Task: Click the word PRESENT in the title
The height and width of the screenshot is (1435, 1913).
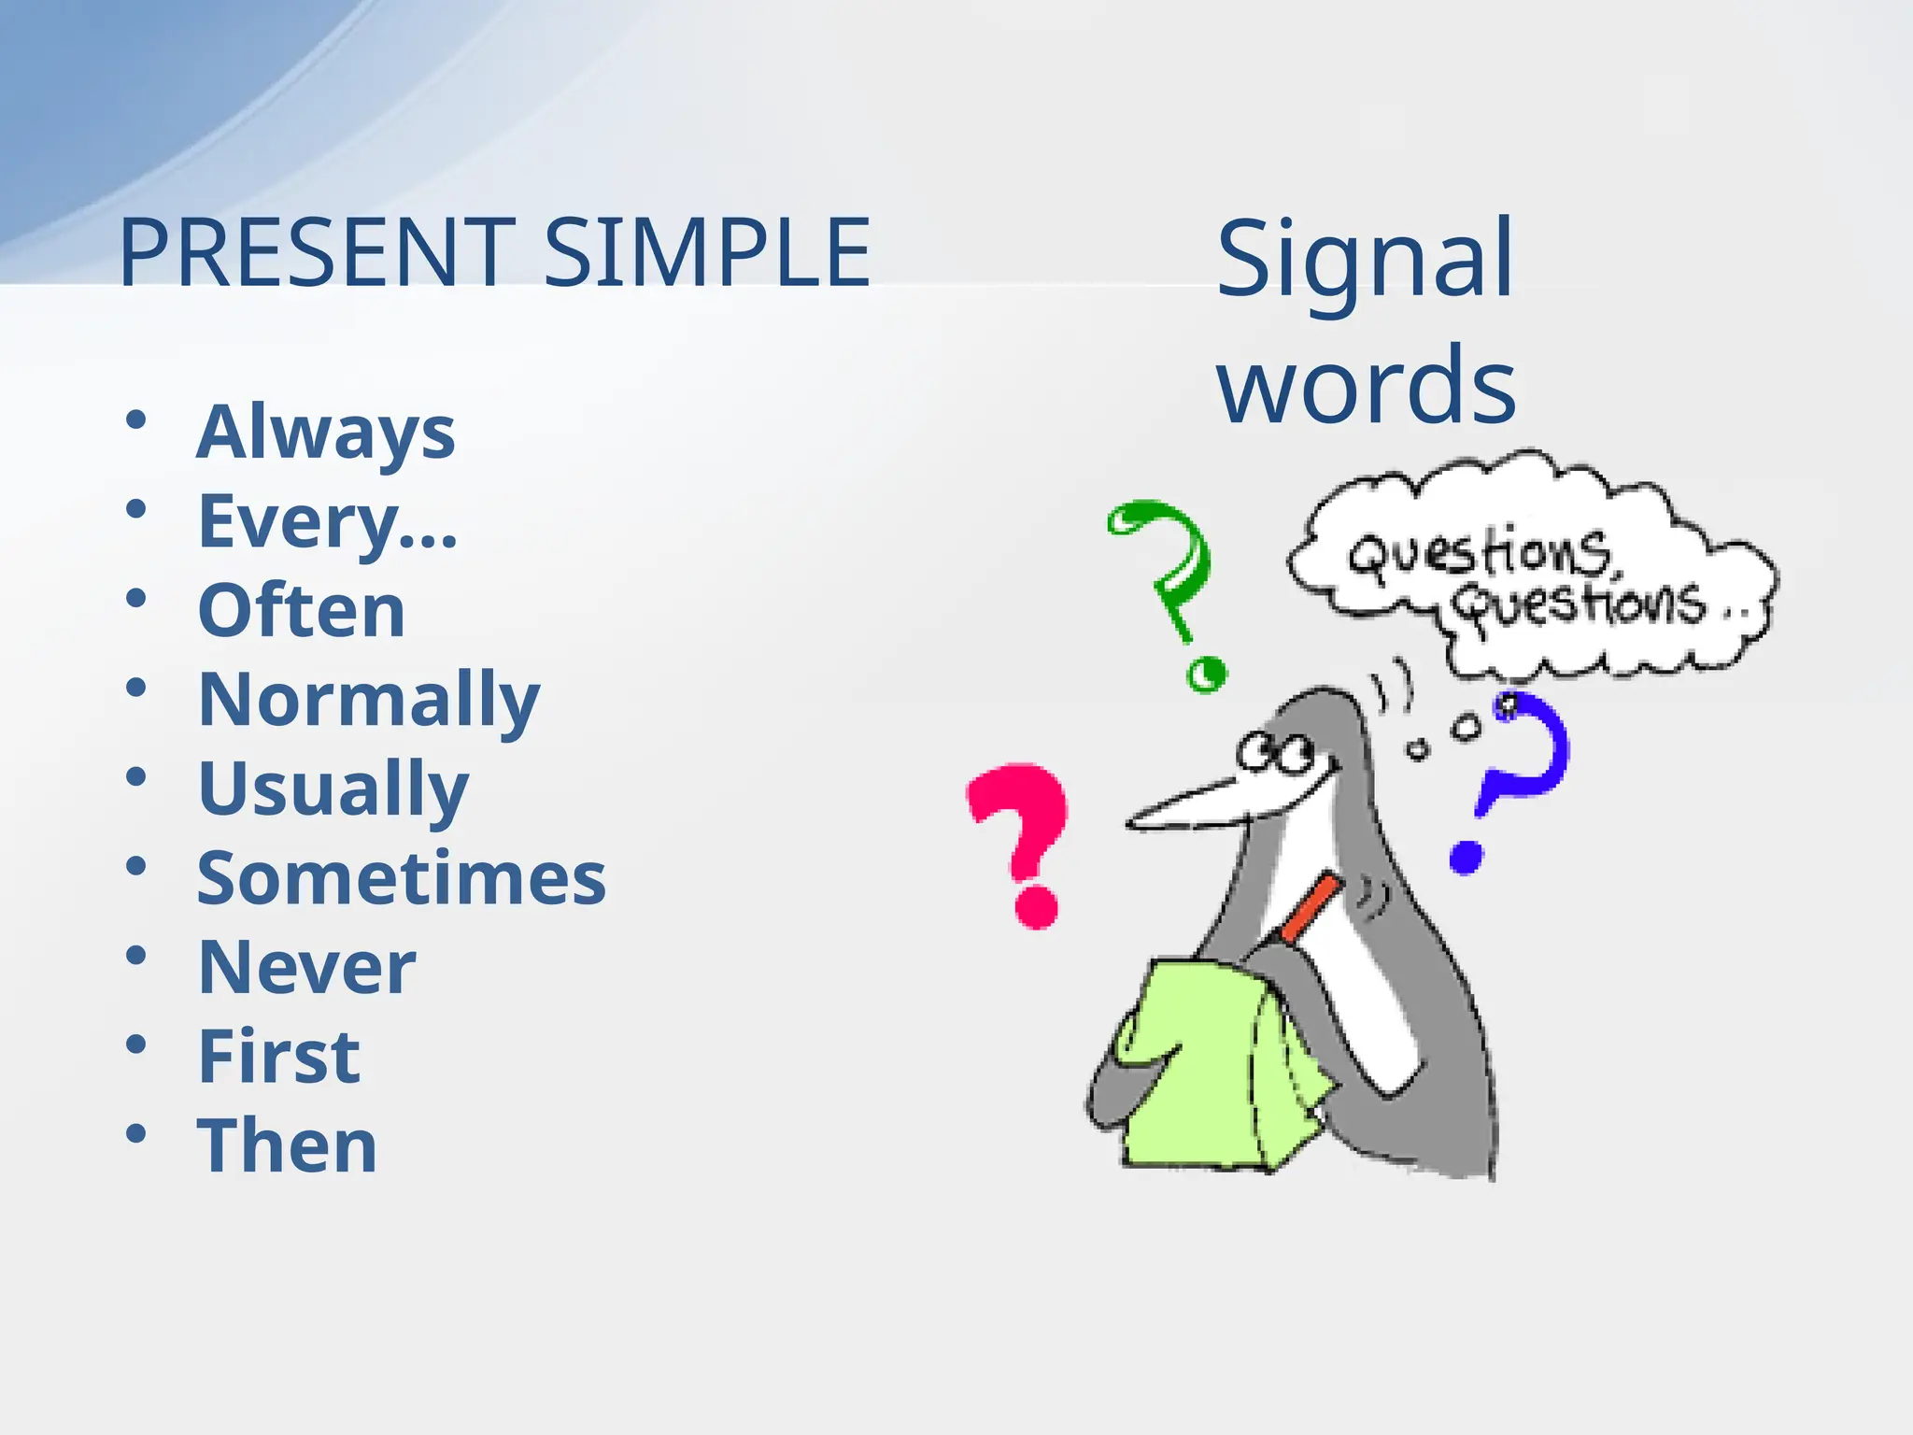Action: pos(316,252)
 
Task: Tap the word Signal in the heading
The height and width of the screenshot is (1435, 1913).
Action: pos(1364,260)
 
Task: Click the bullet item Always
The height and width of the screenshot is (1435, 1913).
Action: pos(325,432)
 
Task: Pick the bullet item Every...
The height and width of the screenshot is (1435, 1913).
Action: pos(327,521)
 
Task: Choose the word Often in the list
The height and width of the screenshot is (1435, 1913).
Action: pos(301,610)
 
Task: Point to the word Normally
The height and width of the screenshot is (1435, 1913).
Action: pos(369,700)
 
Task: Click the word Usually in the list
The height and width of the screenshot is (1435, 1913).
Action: pos(333,789)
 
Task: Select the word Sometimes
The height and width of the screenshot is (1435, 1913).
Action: pos(402,878)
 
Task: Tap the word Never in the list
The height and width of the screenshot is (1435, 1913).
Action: pos(306,967)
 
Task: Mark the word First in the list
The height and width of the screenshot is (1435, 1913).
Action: pos(278,1057)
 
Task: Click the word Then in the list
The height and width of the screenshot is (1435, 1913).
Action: pos(287,1145)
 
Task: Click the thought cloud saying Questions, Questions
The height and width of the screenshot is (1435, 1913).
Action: pos(1532,570)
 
